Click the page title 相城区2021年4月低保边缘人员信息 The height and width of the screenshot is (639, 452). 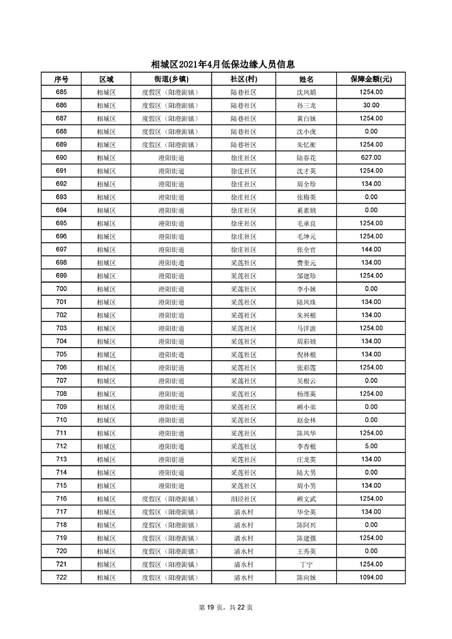click(225, 64)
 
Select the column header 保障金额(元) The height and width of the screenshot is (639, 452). click(371, 79)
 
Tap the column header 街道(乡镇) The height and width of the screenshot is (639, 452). click(169, 79)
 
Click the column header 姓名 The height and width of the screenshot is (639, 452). click(306, 79)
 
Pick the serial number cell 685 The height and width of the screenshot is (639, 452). click(61, 92)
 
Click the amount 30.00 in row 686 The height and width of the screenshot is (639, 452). click(371, 105)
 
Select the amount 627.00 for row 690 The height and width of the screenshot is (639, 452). click(371, 158)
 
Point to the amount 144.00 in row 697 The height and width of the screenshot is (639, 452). click(371, 249)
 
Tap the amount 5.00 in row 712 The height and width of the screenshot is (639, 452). click(371, 446)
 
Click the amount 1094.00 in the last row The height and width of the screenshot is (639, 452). click(371, 577)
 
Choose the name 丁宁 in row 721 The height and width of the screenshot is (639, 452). click(306, 564)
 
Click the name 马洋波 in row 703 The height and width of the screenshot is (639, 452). click(306, 328)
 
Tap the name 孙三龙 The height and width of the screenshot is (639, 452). click(306, 105)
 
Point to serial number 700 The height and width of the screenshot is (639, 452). click(61, 289)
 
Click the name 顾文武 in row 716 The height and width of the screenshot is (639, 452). click(306, 499)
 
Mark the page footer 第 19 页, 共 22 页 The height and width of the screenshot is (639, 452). click(225, 607)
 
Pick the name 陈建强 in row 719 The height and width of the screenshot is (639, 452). click(306, 538)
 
